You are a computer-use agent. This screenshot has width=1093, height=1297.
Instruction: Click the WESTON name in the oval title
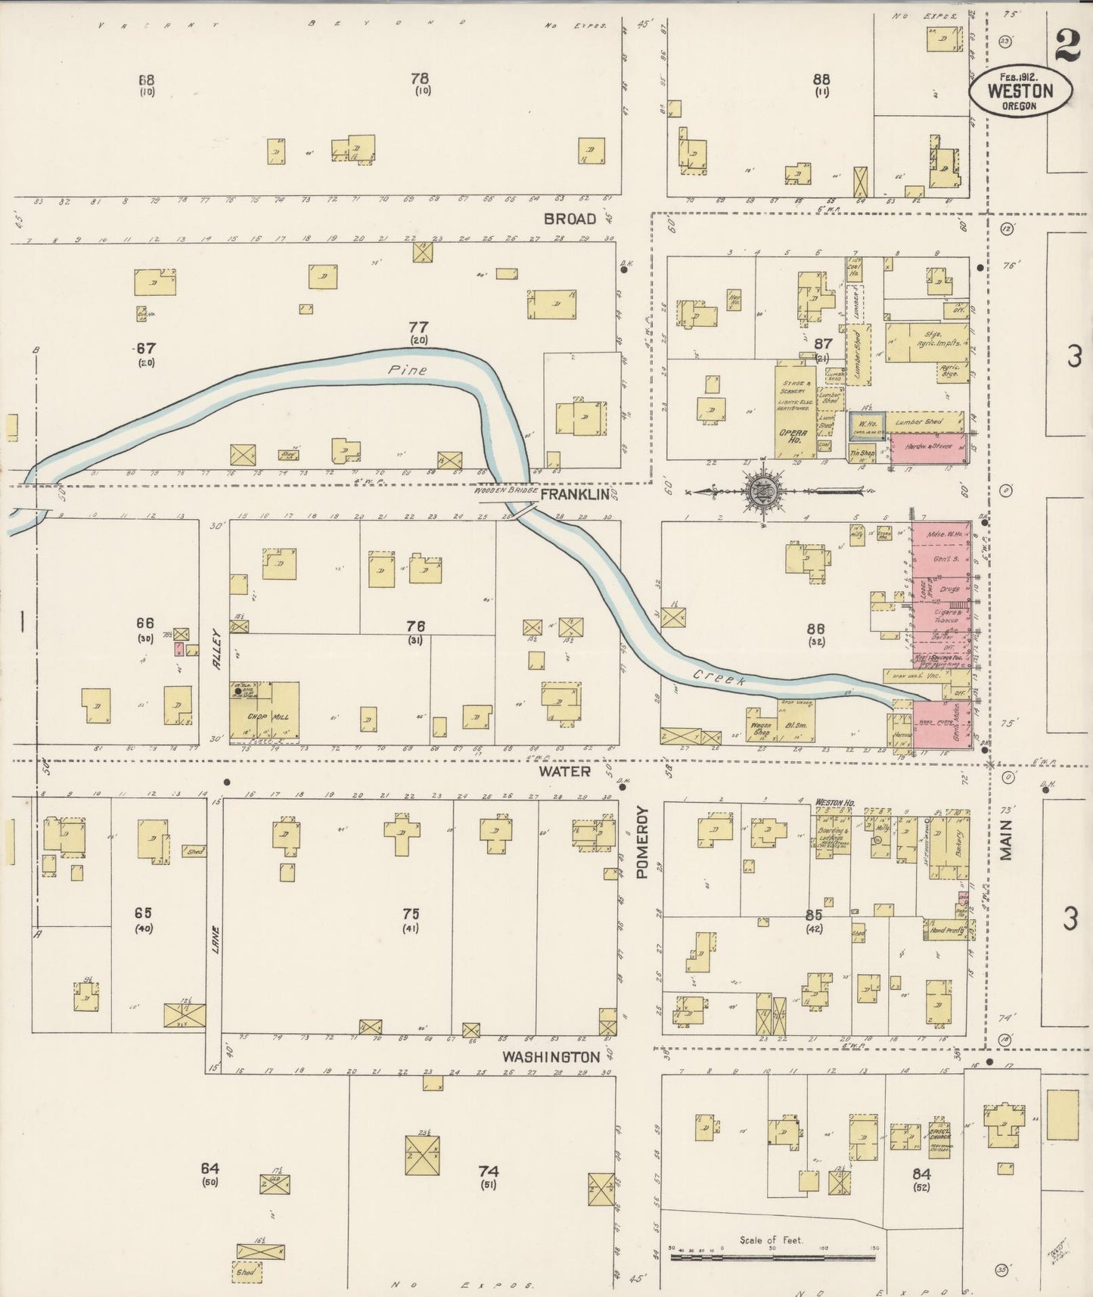(1020, 91)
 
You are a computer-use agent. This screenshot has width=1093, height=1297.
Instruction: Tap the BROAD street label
(570, 219)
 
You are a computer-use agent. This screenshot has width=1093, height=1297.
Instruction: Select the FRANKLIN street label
(575, 494)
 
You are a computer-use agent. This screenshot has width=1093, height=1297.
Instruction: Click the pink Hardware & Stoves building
(927, 448)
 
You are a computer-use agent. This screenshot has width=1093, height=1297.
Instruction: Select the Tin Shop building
(862, 453)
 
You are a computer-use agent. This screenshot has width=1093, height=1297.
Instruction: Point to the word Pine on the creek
(408, 371)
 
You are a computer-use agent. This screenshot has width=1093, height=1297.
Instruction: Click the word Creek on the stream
(719, 677)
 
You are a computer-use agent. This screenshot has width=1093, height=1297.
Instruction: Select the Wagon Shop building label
(761, 728)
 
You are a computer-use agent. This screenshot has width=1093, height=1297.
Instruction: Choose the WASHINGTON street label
(551, 1056)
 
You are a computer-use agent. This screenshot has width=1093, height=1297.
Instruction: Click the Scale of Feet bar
(772, 1258)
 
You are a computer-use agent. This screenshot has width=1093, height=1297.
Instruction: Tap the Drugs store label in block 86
(949, 588)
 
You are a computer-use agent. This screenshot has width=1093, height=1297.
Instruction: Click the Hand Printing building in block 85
(945, 929)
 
